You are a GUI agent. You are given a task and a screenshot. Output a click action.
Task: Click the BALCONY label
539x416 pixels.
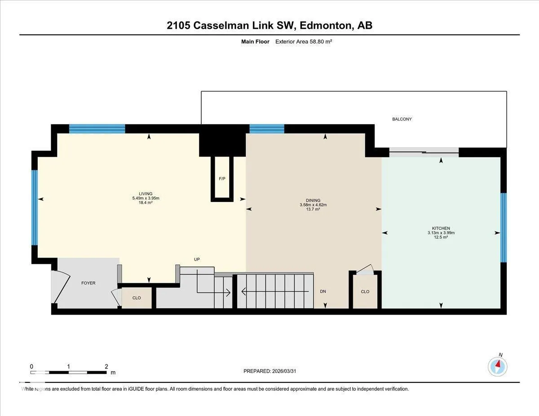[x=402, y=119]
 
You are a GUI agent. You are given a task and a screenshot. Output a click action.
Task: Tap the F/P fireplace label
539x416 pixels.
[x=222, y=179]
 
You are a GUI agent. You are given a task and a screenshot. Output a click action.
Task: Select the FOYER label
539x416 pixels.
[x=88, y=283]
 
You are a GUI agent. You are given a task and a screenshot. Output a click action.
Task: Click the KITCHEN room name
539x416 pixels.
[x=441, y=228]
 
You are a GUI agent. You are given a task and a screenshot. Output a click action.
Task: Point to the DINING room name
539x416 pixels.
[x=313, y=200]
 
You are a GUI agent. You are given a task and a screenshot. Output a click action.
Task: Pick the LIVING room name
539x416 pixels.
[x=146, y=194]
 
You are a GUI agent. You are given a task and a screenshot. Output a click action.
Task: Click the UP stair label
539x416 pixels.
[x=197, y=259]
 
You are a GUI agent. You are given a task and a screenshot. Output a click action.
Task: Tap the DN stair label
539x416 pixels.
[x=323, y=292]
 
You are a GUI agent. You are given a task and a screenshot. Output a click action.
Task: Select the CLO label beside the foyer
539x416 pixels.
[x=137, y=298]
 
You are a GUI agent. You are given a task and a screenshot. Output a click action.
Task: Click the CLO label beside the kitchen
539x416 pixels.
[x=365, y=292]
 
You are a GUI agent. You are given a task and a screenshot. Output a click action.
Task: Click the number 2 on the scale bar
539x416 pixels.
[x=106, y=367]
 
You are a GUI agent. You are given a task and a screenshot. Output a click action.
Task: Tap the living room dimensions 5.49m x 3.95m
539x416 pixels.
[x=146, y=198]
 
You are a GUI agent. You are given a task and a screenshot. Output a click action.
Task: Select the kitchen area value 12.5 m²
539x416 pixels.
[x=441, y=237]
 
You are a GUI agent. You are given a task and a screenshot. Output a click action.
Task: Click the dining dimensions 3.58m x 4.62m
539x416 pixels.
[x=313, y=205]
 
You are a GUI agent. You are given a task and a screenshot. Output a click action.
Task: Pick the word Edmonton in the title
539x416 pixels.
[x=326, y=25]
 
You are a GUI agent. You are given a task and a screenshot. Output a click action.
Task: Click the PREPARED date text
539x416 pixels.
[x=269, y=371]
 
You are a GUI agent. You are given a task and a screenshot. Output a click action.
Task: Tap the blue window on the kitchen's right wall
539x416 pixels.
[x=504, y=228]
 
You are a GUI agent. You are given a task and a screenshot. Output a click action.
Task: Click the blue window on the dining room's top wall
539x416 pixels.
[x=267, y=129]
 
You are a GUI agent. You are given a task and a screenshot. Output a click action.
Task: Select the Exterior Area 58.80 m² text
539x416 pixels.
[x=304, y=42]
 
